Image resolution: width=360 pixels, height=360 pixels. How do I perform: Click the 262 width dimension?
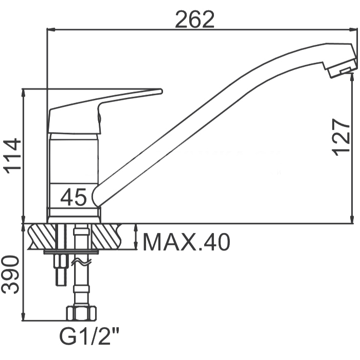tap(195, 20)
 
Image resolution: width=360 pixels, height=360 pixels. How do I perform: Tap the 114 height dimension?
tap(12, 156)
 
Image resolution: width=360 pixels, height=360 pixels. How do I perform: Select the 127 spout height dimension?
tap(340, 137)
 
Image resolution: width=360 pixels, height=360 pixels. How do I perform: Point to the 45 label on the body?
tap(74, 196)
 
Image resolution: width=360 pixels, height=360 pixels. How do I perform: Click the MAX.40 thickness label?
tap(186, 242)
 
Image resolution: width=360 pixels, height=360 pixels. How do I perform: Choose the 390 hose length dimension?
tap(10, 275)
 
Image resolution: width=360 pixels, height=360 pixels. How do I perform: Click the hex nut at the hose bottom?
tap(81, 313)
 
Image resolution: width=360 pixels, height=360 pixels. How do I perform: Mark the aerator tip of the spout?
tap(342, 68)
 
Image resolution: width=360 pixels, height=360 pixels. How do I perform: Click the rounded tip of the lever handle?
tap(160, 92)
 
